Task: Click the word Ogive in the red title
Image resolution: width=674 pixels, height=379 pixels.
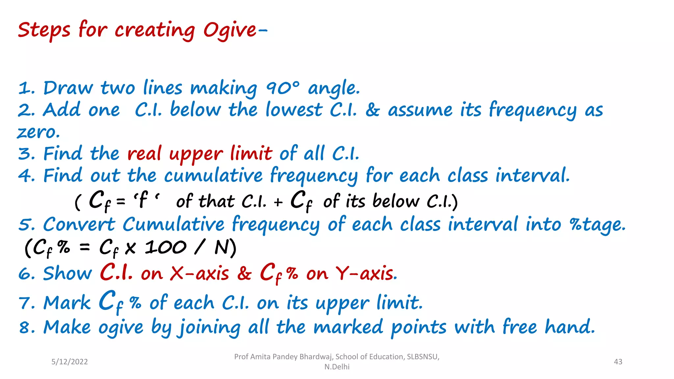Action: coord(230,30)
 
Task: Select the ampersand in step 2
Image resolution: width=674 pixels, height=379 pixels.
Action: coord(372,110)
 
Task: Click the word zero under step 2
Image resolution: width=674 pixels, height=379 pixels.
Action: coord(38,132)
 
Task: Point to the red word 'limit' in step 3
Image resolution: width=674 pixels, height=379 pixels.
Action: coord(251,154)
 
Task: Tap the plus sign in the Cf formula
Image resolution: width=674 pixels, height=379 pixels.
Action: coord(278,202)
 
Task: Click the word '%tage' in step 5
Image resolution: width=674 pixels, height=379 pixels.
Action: coord(597,225)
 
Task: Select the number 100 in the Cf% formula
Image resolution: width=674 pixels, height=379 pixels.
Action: coord(166,247)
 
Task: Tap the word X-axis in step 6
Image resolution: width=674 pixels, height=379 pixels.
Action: coord(199,273)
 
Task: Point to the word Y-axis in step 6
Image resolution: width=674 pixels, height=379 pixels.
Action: coord(364,273)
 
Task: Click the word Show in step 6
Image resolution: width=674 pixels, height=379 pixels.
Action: coord(67,273)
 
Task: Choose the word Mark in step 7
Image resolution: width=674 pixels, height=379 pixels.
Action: coord(67,303)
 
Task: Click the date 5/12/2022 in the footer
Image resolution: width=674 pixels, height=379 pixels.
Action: coord(69,362)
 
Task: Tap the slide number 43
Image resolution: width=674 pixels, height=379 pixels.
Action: coord(618,362)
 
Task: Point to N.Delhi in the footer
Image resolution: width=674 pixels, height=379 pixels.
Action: coord(337,367)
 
